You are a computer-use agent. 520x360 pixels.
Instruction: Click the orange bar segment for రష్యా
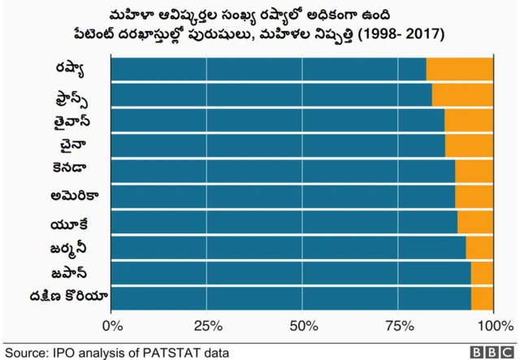459,70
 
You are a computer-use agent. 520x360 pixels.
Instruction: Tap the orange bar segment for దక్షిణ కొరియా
482,297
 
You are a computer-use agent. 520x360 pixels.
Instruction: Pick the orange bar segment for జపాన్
482,272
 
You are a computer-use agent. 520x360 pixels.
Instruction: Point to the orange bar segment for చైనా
469,145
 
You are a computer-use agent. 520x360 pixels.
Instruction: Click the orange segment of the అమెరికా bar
474,196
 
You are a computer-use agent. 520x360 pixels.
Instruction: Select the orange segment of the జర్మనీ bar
479,247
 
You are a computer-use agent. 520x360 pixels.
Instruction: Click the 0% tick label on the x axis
110,327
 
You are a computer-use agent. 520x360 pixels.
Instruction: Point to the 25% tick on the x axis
207,327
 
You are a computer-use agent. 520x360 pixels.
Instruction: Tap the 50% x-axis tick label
302,327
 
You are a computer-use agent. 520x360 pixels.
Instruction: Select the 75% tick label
397,327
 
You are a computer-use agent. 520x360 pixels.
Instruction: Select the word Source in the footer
25,352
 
